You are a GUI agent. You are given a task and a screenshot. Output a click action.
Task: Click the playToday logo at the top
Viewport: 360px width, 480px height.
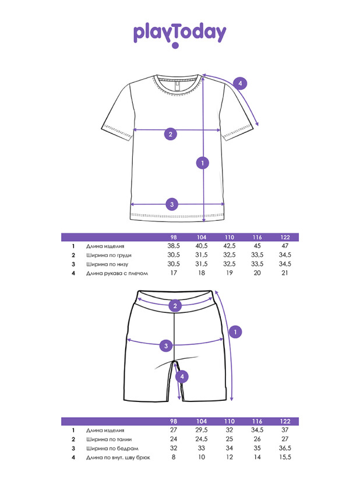(179, 35)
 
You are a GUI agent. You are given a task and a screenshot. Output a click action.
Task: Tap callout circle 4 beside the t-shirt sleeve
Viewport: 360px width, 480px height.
(240, 83)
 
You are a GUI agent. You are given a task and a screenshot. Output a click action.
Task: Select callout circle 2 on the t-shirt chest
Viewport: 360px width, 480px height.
(171, 134)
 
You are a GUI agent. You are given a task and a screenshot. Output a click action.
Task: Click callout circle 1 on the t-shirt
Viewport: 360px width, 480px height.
(203, 163)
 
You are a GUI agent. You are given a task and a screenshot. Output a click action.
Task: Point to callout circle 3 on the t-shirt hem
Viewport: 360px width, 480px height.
(172, 204)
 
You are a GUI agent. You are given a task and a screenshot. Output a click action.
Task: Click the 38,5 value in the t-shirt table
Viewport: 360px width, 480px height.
(174, 246)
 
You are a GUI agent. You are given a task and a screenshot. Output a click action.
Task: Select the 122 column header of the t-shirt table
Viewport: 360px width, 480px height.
(285, 237)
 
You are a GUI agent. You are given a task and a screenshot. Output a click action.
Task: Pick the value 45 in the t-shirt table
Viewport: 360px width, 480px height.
(257, 246)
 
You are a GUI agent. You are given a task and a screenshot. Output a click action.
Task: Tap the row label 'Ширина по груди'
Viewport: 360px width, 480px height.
(109, 255)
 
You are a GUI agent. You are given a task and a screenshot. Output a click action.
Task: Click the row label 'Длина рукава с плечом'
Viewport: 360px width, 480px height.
(117, 273)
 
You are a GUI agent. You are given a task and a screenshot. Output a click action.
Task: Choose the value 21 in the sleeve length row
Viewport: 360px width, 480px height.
(285, 273)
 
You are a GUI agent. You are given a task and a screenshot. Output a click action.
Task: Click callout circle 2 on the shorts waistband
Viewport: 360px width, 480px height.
(175, 305)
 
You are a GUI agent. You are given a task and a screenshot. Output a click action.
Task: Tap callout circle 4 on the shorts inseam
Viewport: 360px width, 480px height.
(182, 376)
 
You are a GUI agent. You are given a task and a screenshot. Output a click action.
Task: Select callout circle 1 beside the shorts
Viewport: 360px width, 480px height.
(235, 332)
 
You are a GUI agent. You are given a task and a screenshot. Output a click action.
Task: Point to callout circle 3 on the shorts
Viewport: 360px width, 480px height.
(166, 346)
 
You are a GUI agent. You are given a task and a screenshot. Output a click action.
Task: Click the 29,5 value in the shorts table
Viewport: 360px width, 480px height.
(202, 430)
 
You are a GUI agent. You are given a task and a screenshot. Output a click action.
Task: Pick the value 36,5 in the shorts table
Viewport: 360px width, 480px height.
(285, 448)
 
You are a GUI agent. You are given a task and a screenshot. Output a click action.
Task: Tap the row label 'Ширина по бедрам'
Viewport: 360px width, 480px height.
(112, 449)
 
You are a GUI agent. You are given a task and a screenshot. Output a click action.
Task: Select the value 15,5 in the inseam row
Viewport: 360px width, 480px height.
(285, 457)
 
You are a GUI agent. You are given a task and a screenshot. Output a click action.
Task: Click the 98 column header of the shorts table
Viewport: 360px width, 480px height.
(174, 422)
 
